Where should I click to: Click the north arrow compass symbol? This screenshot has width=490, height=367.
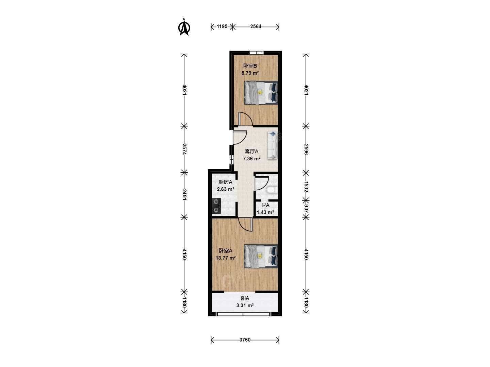coord(184,27)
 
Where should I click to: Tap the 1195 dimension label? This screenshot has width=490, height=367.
coord(222,27)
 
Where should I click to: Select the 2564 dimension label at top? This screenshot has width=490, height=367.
coord(256,27)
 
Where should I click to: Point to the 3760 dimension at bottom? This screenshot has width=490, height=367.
coord(245,340)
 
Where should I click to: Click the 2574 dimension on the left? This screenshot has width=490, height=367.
coord(184,149)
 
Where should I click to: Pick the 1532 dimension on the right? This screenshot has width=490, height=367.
coord(306,187)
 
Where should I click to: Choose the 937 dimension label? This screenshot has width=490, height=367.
coord(306,208)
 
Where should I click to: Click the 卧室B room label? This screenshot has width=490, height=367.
coord(250,66)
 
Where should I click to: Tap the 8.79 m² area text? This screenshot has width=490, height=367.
coord(250,73)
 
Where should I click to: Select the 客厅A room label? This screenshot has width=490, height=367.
coord(251,152)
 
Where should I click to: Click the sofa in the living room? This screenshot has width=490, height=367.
coord(272,145)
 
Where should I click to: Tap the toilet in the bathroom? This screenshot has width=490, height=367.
coord(272,190)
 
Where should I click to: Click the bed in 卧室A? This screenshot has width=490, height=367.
coord(261,256)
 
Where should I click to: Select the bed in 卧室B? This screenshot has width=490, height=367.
coord(261,93)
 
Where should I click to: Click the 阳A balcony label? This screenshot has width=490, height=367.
coord(245,298)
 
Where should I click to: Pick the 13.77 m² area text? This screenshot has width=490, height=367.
coord(226,258)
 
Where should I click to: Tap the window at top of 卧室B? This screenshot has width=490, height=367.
coord(256,53)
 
